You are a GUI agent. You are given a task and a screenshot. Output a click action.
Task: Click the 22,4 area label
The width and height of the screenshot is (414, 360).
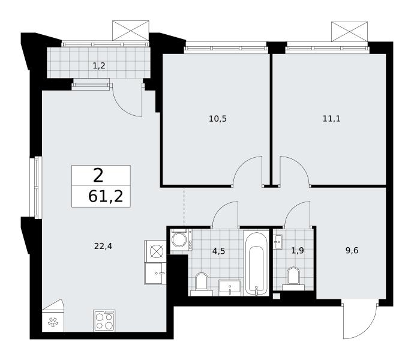103,246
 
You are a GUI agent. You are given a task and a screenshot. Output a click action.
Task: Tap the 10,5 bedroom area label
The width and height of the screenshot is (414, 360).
218,119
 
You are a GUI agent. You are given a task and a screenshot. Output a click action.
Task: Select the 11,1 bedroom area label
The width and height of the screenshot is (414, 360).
331,119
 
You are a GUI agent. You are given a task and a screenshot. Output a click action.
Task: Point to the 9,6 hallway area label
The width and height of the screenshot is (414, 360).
352,250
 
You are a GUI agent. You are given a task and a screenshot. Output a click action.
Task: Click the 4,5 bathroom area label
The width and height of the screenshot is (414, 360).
218,251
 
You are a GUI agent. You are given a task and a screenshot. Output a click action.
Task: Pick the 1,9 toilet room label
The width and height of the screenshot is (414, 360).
298,250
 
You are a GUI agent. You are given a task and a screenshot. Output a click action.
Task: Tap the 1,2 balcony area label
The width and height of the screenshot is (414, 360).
99,65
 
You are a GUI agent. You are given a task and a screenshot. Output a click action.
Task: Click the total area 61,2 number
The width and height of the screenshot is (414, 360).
106,197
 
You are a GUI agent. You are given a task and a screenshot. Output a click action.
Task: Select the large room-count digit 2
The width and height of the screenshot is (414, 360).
98,176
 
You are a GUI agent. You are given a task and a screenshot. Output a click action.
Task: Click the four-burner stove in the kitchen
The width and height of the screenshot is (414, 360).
104,320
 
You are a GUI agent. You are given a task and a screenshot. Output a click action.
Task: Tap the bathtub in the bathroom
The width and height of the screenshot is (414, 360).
256,263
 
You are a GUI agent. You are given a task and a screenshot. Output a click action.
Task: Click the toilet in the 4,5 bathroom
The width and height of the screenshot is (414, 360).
202,284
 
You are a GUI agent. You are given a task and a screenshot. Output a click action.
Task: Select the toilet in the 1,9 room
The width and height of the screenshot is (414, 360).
293,279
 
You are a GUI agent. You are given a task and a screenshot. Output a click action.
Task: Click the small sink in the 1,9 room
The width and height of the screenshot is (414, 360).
278,242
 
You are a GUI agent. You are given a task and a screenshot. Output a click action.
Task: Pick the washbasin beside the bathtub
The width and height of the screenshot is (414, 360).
230,288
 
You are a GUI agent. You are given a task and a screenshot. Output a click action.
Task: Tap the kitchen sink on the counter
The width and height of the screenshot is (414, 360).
155,274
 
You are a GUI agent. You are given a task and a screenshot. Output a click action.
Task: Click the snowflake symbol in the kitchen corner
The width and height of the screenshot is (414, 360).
53,322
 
